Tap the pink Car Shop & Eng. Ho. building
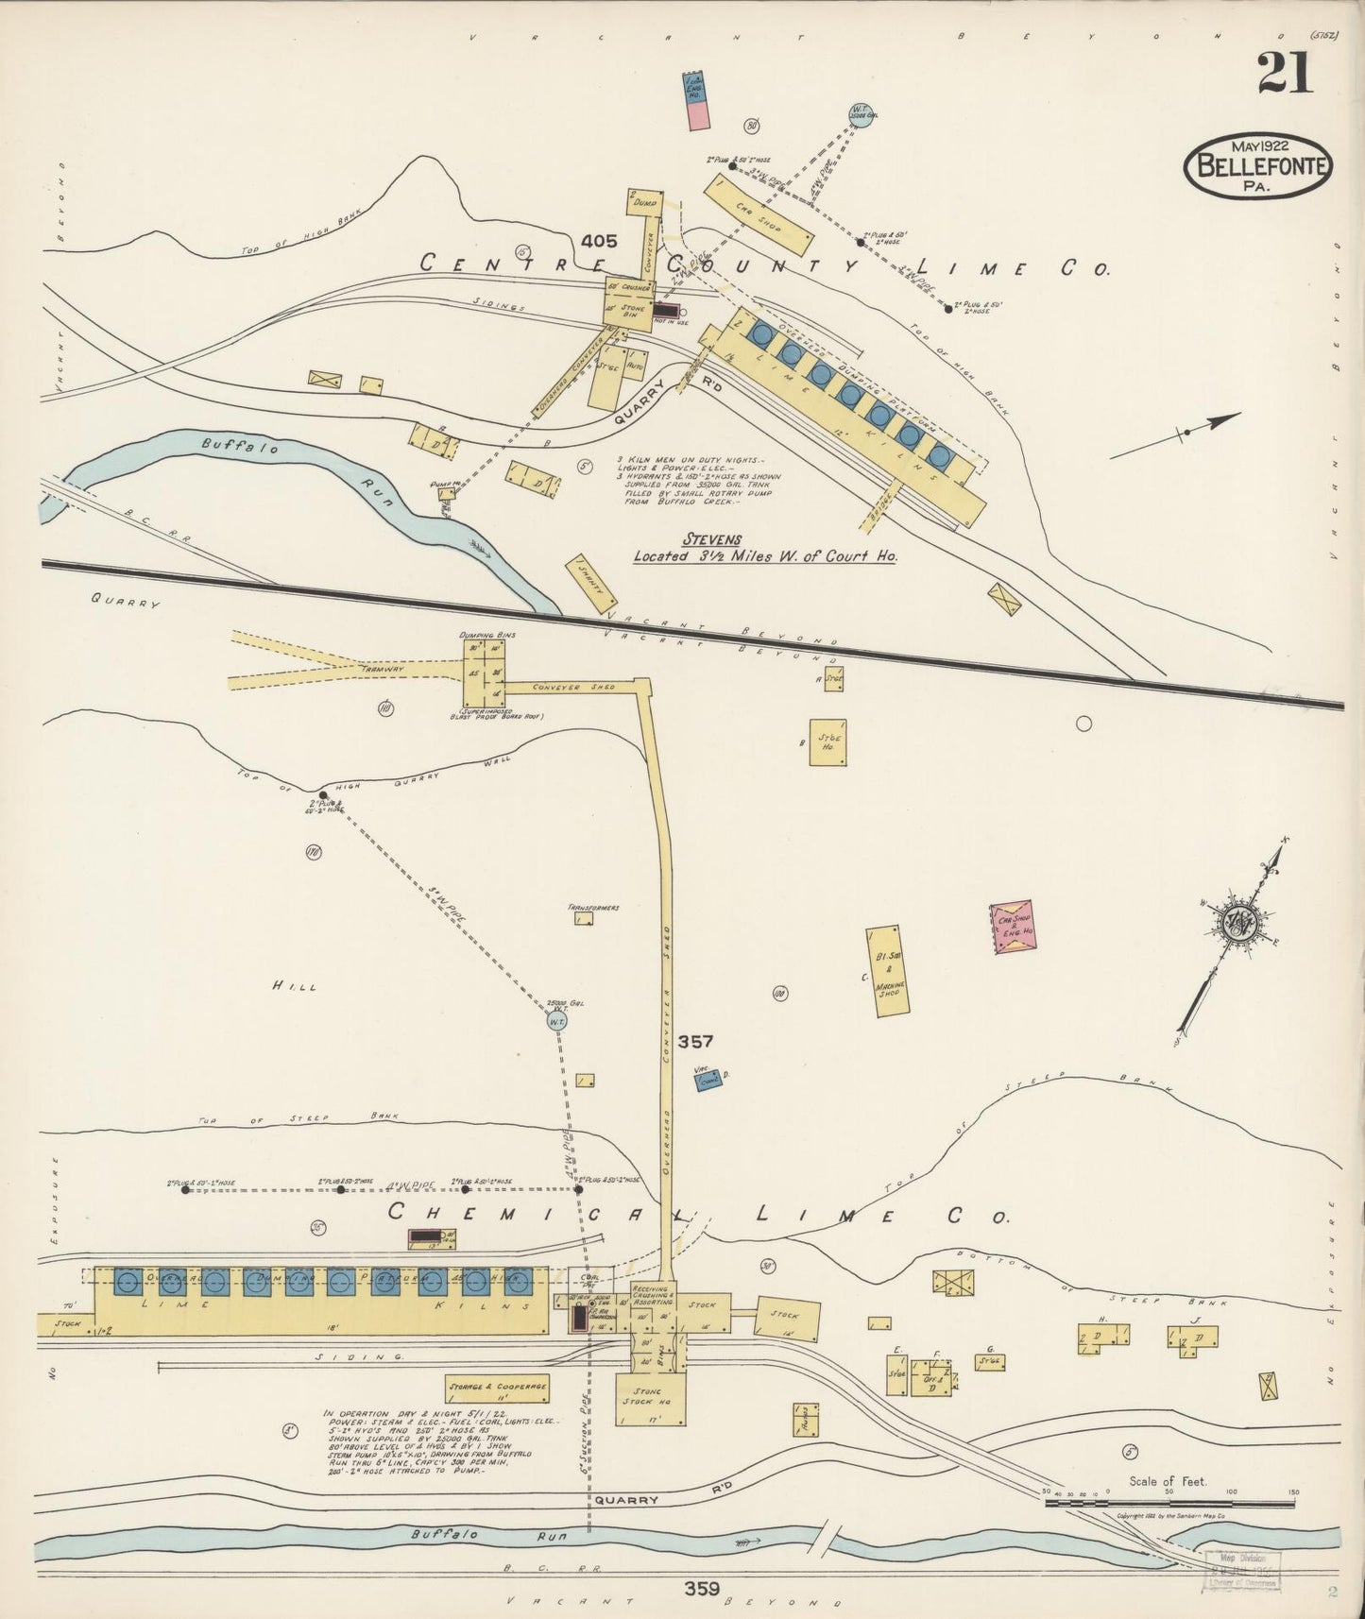click(1013, 929)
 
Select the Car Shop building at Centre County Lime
click(759, 214)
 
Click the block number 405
click(599, 241)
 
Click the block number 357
click(695, 1042)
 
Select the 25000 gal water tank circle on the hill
click(558, 1020)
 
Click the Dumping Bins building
click(485, 673)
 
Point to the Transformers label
click(592, 907)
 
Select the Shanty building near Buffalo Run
click(591, 585)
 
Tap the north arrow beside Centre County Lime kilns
click(1177, 435)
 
